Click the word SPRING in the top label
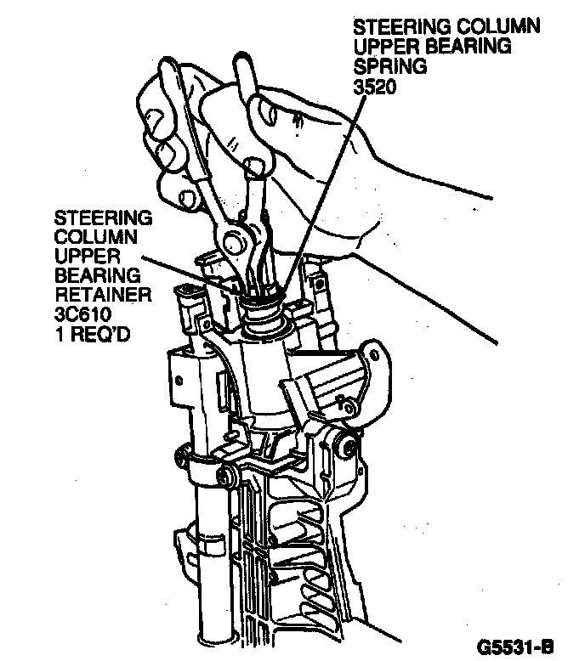pyautogui.click(x=383, y=66)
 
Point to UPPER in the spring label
pyautogui.click(x=378, y=46)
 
